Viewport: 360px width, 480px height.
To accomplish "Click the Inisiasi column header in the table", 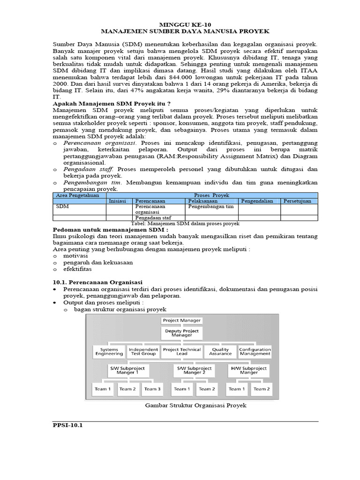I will [x=118, y=201].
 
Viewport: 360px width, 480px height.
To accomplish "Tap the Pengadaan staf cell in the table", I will [x=150, y=217].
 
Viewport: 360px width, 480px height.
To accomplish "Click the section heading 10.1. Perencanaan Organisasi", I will [x=97, y=283].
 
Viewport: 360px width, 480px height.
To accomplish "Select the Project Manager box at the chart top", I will [x=181, y=321].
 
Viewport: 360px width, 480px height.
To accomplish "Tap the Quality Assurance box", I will [x=220, y=352].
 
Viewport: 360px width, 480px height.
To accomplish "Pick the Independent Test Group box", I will [x=143, y=352].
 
